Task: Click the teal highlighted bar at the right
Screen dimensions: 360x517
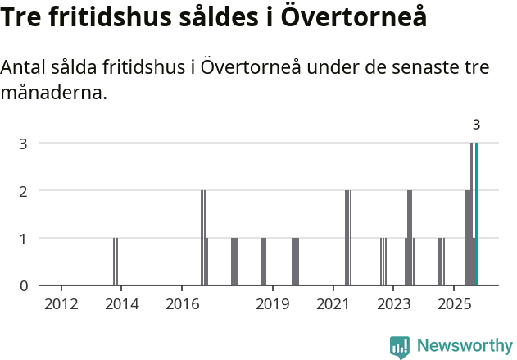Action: coord(476,214)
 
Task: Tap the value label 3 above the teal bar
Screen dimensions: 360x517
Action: coord(476,125)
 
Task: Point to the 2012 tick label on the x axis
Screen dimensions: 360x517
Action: coord(61,305)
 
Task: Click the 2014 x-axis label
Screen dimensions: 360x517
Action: coord(121,305)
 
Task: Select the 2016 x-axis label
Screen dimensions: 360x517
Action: coord(182,305)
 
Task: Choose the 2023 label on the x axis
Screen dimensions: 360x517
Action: coord(393,305)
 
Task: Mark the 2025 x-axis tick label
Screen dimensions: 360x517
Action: coord(454,305)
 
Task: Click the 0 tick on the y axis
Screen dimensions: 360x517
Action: coord(24,285)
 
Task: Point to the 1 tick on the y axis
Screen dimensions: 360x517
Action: coord(24,238)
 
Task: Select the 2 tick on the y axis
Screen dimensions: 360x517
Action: coord(24,190)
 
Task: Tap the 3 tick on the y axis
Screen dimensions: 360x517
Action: coord(24,144)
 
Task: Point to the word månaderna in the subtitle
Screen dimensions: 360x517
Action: coord(53,93)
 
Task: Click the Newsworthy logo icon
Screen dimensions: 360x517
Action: coord(400,346)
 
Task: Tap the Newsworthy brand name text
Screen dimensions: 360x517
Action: coord(464,346)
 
